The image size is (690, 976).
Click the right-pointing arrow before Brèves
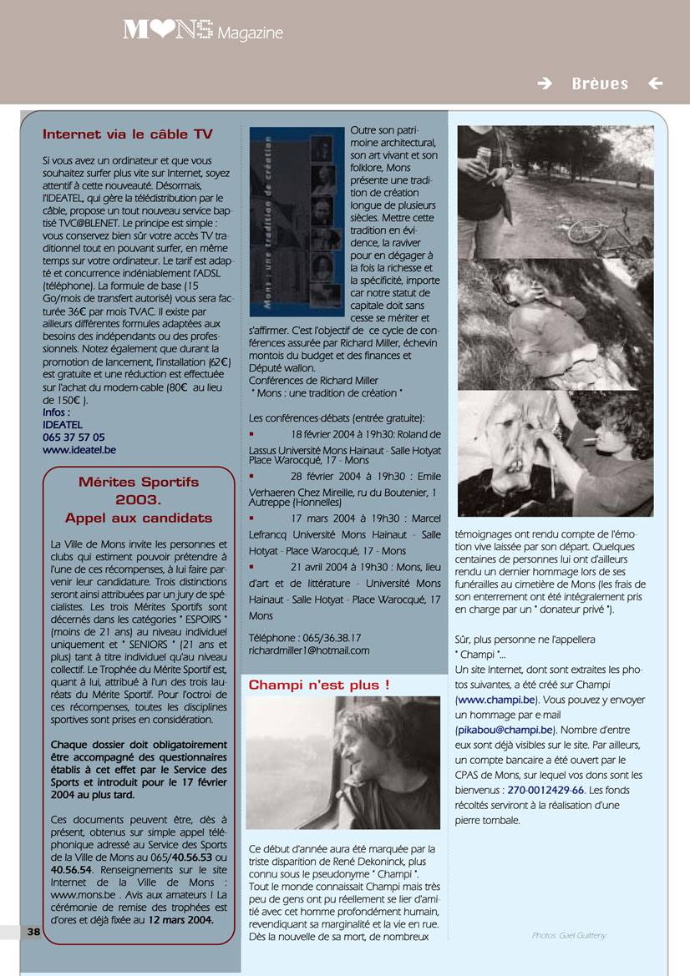[x=545, y=83]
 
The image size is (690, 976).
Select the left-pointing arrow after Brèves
[x=656, y=83]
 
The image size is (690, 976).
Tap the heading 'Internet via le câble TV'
[x=128, y=134]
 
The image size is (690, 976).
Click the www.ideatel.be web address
[x=79, y=449]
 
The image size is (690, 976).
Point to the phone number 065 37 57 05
[x=74, y=437]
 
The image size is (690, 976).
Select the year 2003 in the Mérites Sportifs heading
[x=139, y=500]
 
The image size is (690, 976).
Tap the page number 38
[x=33, y=932]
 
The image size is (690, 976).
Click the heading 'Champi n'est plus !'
[x=319, y=685]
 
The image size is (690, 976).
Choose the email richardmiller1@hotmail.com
[x=309, y=650]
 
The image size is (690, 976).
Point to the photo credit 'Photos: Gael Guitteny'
[x=569, y=936]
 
